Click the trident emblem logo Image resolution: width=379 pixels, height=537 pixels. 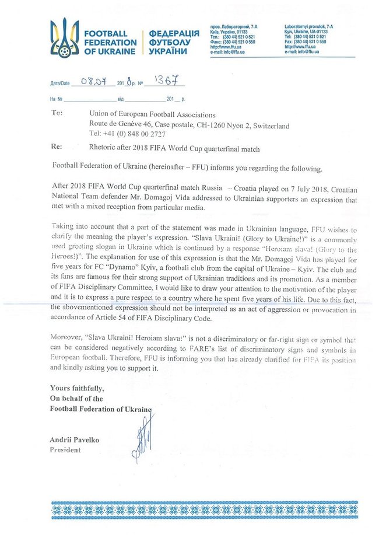coord(64,37)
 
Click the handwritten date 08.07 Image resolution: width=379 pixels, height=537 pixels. coord(93,82)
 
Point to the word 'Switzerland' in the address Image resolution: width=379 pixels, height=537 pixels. coord(266,125)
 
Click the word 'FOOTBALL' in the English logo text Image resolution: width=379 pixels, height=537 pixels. coord(106,33)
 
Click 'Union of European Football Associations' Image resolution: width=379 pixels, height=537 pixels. coord(144,115)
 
